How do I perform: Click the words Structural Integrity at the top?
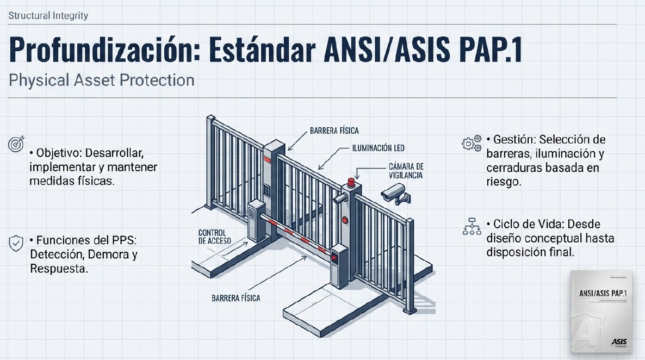point(48,16)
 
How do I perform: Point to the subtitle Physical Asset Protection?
point(102,80)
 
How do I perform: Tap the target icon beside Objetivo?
point(16,145)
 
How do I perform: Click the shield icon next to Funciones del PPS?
point(16,243)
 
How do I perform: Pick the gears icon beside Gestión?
point(471,144)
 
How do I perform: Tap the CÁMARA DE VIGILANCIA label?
point(406,171)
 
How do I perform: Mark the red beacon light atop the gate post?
point(351,181)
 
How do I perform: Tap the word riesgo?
point(504,183)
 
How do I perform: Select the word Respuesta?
point(59,269)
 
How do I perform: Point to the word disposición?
point(515,252)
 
